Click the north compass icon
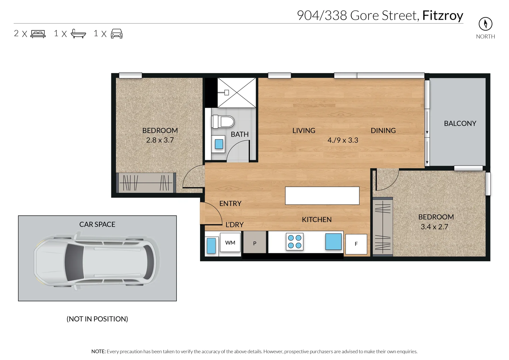485,24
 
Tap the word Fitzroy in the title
443,16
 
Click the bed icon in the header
38,34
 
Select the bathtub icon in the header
78,34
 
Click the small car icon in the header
117,34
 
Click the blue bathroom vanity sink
219,144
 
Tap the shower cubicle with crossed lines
237,93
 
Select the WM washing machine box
230,243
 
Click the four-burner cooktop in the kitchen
295,242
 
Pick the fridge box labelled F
356,244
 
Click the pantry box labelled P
255,243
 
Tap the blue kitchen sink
333,241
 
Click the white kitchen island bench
322,196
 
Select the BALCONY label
460,123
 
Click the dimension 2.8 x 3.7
160,140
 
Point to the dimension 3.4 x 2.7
434,227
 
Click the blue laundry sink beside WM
211,246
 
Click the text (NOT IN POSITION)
97,319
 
